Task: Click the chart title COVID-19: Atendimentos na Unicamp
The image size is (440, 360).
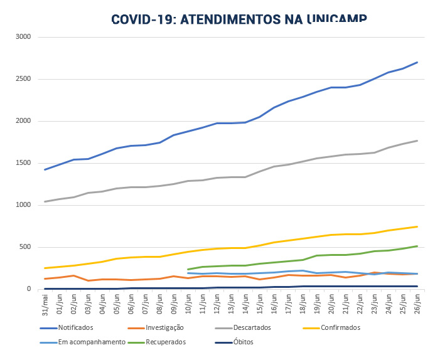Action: pos(239,18)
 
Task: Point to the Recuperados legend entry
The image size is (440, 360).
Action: pos(166,342)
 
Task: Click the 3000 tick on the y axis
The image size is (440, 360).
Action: pos(24,37)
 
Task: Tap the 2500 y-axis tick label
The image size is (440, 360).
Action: pos(24,79)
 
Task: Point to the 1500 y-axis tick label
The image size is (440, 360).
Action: pos(24,163)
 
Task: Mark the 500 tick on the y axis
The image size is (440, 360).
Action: pos(26,247)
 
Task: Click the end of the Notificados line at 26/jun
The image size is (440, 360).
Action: pos(417,62)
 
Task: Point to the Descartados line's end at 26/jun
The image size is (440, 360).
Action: pos(417,140)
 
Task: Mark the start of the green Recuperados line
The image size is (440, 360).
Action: pos(188,270)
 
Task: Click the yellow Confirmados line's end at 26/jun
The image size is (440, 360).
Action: pos(417,226)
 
